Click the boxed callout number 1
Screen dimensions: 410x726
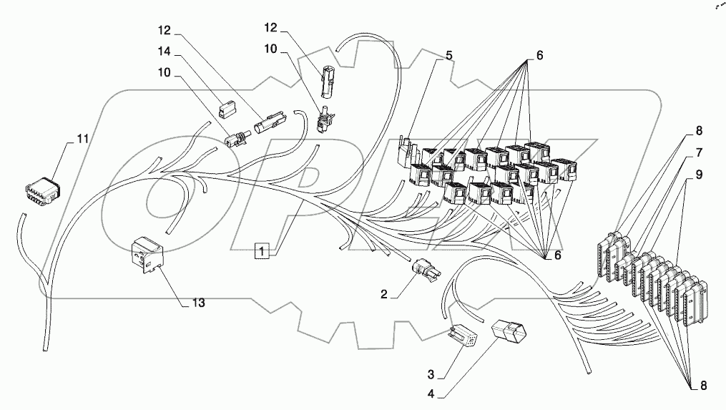263,250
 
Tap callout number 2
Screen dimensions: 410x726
383,294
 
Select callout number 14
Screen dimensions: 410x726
166,52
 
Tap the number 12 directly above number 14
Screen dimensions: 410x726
166,31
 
